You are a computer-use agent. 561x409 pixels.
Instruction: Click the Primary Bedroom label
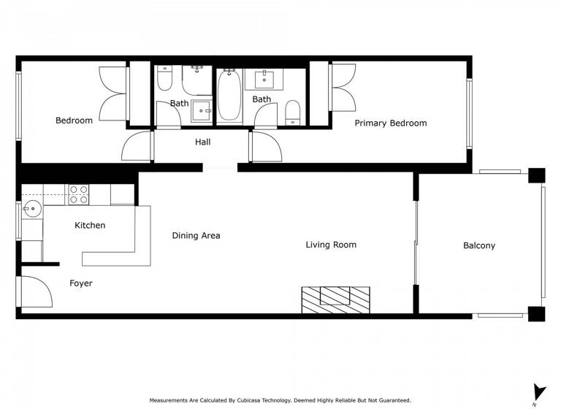coord(390,123)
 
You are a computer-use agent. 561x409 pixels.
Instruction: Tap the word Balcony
coord(478,245)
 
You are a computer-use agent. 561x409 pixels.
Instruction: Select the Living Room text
coord(331,245)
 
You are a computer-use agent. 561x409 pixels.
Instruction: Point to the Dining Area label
coord(196,235)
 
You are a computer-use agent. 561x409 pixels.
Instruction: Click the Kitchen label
coord(90,225)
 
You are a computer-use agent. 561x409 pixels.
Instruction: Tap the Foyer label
coord(81,283)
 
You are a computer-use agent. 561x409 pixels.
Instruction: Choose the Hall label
coord(202,142)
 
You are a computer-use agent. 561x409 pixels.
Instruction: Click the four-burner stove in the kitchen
coord(78,194)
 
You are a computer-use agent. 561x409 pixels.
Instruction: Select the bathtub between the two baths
coord(229,96)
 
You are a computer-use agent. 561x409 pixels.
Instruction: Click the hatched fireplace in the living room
coord(335,299)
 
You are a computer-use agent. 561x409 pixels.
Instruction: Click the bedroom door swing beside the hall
coord(137,146)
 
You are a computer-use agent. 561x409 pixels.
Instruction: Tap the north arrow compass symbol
coord(538,392)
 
